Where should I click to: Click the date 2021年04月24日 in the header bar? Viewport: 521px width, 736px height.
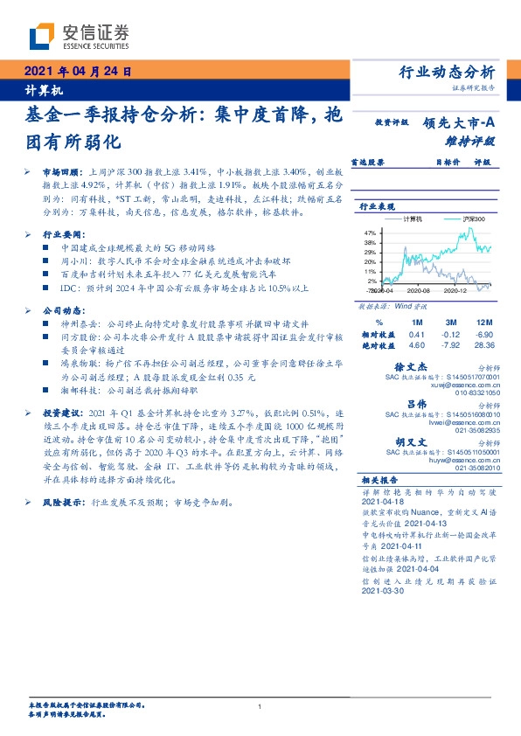pos(76,73)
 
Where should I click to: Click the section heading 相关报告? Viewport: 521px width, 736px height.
pos(379,481)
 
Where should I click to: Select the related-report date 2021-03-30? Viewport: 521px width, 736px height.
pos(382,592)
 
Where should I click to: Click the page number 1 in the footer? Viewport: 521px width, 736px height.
pos(260,706)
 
